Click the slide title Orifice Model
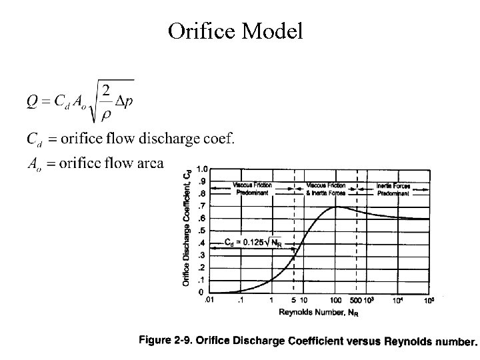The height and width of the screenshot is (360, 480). tap(235, 31)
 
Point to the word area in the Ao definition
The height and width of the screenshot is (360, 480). tap(148, 163)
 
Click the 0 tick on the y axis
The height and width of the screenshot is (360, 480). tap(201, 293)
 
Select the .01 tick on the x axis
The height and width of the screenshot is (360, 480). tap(209, 301)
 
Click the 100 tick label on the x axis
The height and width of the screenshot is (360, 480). tap(337, 301)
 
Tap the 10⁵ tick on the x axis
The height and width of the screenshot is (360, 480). tap(429, 301)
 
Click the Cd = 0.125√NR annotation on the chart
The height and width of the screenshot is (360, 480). tap(253, 242)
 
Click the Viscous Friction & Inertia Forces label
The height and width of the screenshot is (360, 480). tap(325, 188)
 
